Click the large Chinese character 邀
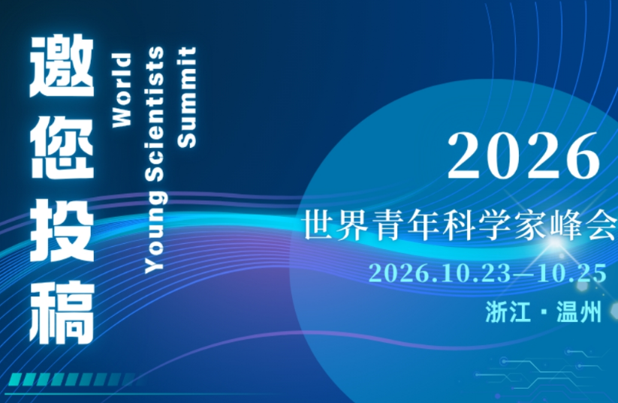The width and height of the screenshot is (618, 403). [62, 66]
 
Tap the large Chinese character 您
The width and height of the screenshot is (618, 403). [62, 147]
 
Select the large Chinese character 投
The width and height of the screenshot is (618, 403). [62, 230]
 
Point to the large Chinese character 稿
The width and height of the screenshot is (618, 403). [62, 312]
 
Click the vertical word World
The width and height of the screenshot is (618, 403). [122, 90]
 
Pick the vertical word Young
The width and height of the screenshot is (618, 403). [155, 232]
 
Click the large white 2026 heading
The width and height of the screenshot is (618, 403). [524, 155]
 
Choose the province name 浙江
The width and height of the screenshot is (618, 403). [508, 312]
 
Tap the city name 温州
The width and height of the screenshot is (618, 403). [579, 312]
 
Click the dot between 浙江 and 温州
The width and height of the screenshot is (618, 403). [544, 312]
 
